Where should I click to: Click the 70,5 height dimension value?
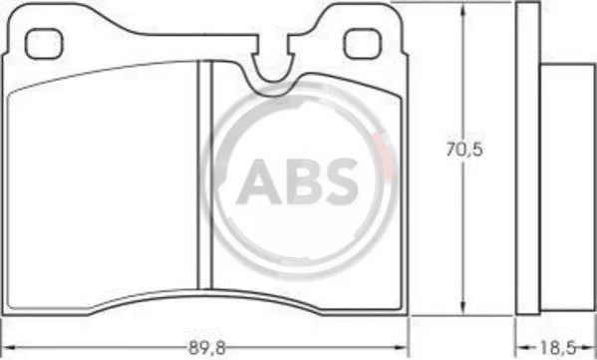(464, 150)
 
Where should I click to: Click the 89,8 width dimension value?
(207, 348)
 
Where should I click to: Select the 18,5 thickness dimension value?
(557, 347)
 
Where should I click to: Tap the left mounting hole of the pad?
(44, 44)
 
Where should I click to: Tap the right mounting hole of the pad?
(362, 44)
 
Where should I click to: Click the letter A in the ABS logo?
(259, 181)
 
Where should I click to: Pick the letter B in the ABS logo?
(304, 181)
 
